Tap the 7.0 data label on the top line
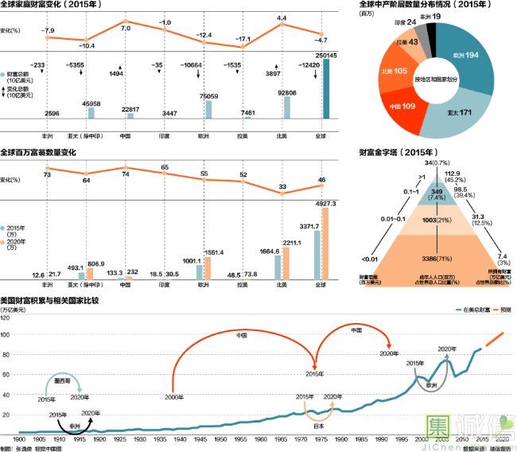tap(126, 29)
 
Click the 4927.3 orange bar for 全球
tap(327, 244)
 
